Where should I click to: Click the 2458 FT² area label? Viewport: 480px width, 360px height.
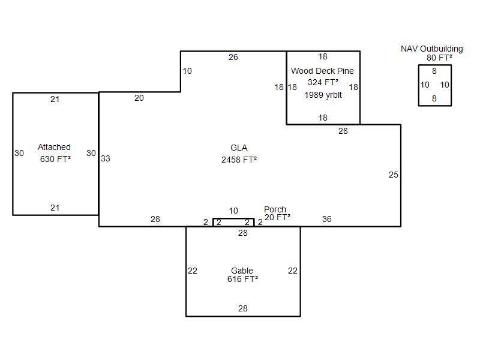pyautogui.click(x=239, y=160)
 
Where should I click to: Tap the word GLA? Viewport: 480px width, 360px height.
pyautogui.click(x=239, y=148)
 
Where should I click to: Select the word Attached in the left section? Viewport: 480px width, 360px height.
pyautogui.click(x=54, y=147)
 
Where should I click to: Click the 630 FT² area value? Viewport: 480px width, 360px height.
pyautogui.click(x=55, y=159)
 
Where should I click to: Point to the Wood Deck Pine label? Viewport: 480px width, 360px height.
pyautogui.click(x=322, y=71)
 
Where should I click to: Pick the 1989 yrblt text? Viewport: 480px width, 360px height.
pyautogui.click(x=323, y=95)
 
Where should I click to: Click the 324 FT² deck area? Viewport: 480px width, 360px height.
pyautogui.click(x=323, y=82)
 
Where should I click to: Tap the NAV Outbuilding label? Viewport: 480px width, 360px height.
pyautogui.click(x=431, y=49)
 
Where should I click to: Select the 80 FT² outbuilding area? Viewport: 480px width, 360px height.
pyautogui.click(x=439, y=58)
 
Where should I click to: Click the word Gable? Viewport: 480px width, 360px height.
pyautogui.click(x=242, y=271)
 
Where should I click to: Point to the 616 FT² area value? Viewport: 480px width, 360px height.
pyautogui.click(x=242, y=279)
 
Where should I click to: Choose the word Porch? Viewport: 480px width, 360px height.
pyautogui.click(x=275, y=209)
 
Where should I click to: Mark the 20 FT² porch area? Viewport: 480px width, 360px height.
pyautogui.click(x=277, y=217)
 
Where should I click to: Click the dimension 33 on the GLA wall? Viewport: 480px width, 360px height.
pyautogui.click(x=106, y=158)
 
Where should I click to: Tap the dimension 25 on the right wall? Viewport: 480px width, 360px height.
pyautogui.click(x=394, y=175)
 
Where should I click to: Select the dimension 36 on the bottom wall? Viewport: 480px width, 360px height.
pyautogui.click(x=326, y=219)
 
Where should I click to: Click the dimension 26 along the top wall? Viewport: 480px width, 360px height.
pyautogui.click(x=233, y=57)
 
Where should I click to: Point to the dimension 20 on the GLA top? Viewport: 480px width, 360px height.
pyautogui.click(x=139, y=98)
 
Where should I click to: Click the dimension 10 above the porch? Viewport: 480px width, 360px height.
pyautogui.click(x=233, y=211)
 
